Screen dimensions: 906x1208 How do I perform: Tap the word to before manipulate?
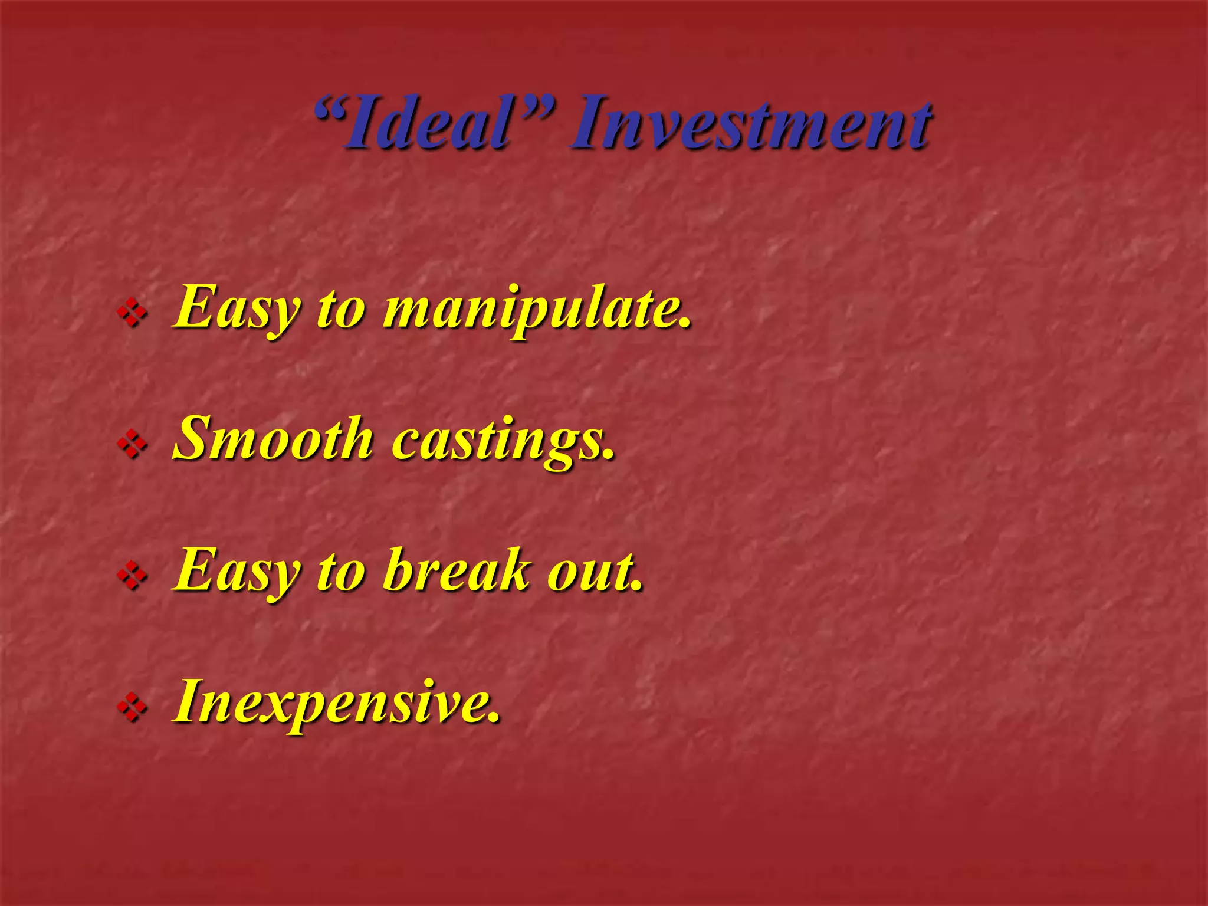(x=341, y=310)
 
